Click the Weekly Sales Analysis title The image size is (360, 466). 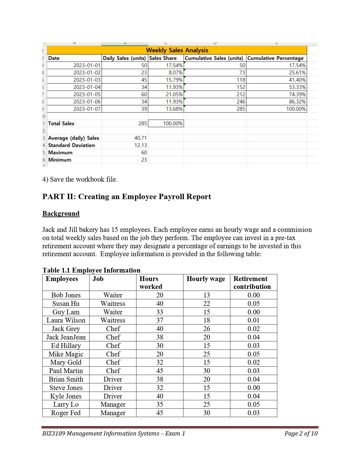(177, 50)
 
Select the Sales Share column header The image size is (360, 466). (163, 58)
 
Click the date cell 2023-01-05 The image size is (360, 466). (87, 94)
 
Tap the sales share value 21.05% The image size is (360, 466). (174, 94)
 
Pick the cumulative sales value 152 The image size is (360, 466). (241, 87)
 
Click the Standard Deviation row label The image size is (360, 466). (71, 145)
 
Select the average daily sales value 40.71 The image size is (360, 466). (140, 138)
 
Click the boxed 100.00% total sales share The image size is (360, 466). (173, 123)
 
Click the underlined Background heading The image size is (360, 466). (61, 214)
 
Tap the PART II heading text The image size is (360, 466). (126, 197)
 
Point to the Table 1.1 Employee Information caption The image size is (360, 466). (91, 270)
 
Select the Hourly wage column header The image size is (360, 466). (206, 279)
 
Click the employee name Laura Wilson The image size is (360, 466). (66, 320)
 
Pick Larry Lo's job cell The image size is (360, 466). (113, 404)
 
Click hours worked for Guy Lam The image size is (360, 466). (160, 312)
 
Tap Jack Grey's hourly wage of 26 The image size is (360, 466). (207, 329)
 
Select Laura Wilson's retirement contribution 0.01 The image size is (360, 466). (254, 320)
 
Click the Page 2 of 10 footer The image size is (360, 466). (301, 434)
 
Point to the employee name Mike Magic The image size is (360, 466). (66, 354)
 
